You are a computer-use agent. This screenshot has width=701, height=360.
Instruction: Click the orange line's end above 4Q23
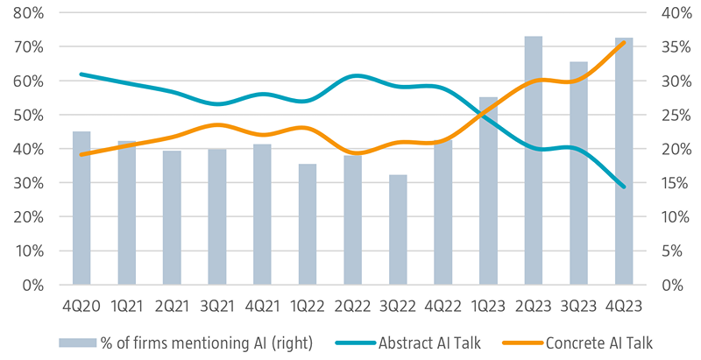624,42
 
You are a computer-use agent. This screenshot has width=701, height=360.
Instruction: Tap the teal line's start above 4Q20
81,74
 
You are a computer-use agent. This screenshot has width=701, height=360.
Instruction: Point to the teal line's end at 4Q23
624,187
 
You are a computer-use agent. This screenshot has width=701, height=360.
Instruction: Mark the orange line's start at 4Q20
81,154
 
